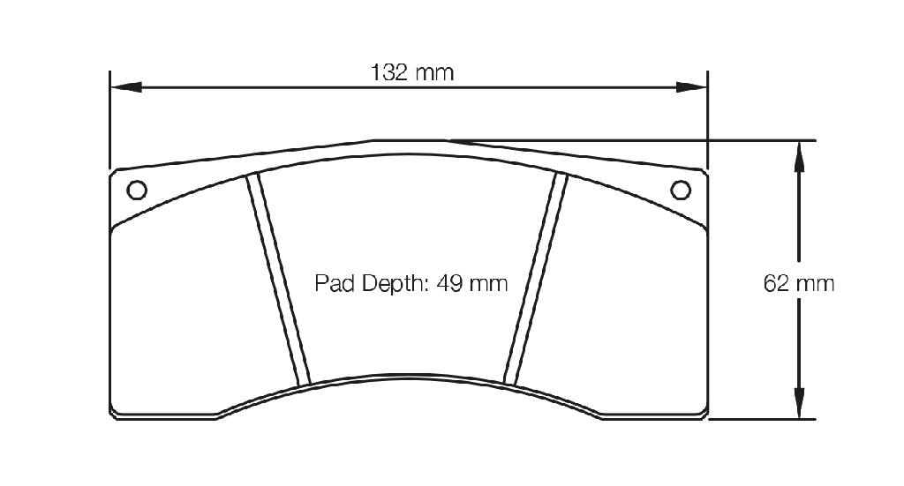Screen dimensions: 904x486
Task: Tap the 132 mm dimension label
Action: (x=412, y=72)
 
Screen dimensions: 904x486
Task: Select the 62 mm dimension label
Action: (x=798, y=283)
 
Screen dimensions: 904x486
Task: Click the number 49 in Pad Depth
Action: (x=449, y=283)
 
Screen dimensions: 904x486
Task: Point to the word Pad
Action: (x=335, y=283)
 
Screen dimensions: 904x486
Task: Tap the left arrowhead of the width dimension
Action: (x=126, y=87)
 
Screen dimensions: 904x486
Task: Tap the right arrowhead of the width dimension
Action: (x=691, y=87)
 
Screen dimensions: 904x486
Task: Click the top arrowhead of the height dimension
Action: (x=799, y=157)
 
